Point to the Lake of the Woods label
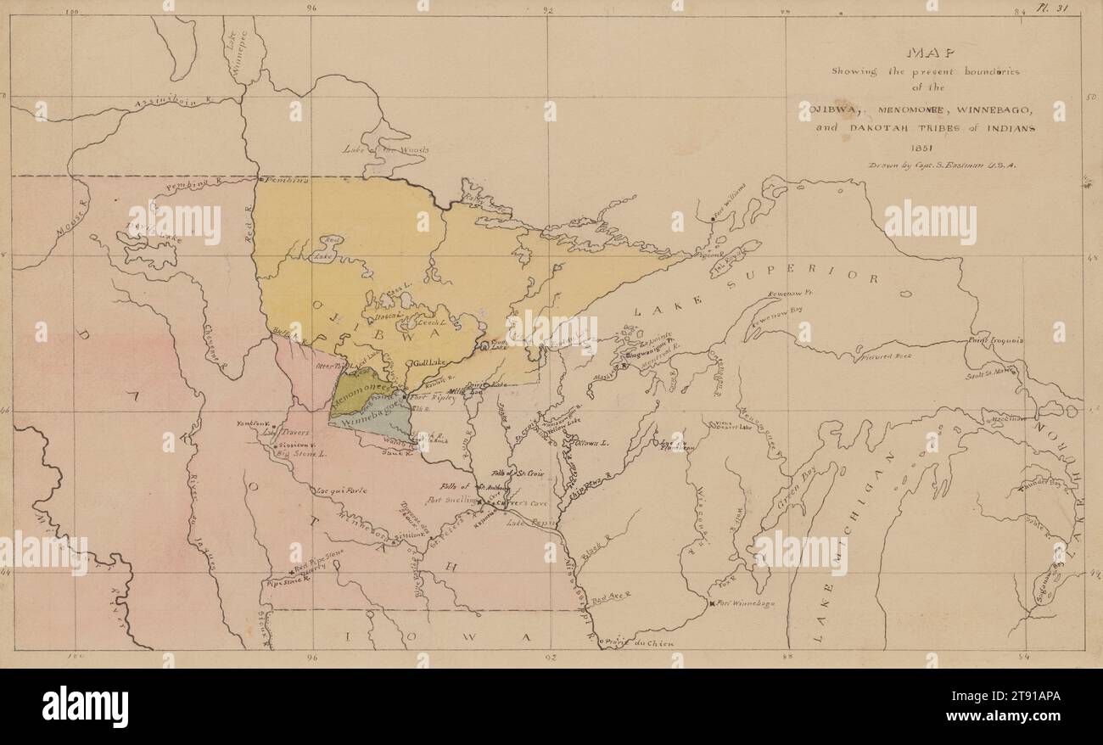(386, 150)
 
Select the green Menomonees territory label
(357, 388)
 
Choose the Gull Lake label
(429, 363)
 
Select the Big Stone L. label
(305, 455)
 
